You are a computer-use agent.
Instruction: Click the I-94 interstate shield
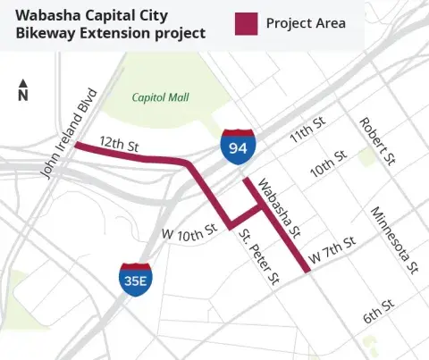click(x=238, y=146)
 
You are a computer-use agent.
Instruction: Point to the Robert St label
click(x=376, y=140)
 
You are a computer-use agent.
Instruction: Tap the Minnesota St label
click(x=395, y=240)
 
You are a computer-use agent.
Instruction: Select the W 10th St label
click(x=189, y=230)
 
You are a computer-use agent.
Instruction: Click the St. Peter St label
click(x=259, y=257)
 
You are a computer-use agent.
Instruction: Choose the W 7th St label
click(x=332, y=251)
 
